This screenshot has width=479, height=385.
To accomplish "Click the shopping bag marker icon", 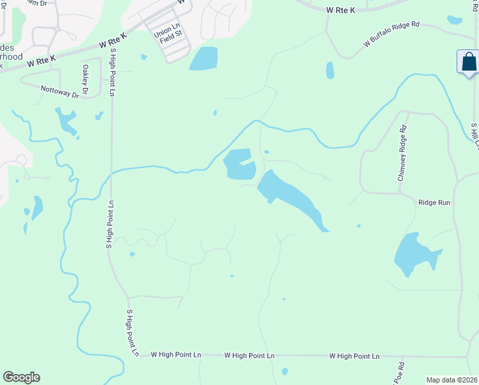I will pos(469,63).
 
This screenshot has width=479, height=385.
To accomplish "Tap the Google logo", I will pos(21,377).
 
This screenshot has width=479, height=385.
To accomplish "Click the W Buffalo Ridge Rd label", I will pos(391,34).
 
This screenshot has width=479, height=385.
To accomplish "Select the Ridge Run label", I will pos(435,202).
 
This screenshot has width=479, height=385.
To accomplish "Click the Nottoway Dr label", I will pos(60,92).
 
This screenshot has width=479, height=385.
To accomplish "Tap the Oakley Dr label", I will pos(85,78).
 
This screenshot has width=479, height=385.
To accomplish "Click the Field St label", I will pos(171,38).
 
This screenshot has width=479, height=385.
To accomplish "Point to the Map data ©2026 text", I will pos(451,380).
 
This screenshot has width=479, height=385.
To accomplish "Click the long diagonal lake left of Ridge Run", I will pos(292,198).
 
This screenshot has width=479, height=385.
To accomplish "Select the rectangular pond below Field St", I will pos(204,58).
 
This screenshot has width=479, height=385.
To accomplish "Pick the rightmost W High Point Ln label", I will pos(354,356).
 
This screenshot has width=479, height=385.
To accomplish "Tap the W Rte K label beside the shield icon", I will pos(340,10).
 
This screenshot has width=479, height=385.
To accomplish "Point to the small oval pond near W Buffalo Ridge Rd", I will pos(330,70).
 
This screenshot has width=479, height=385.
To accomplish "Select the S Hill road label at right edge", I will pos(475,136).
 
